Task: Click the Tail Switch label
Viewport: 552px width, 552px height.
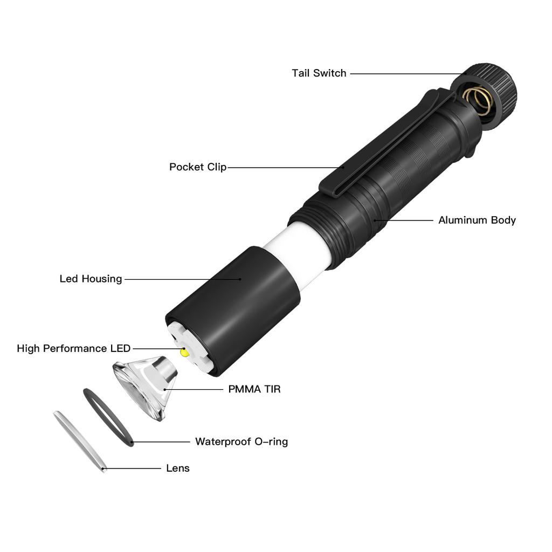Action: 319,73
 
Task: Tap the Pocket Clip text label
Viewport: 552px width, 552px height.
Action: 197,167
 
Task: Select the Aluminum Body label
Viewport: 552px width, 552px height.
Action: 477,220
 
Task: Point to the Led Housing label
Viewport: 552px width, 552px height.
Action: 91,279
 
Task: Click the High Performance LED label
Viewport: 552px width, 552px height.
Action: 73,348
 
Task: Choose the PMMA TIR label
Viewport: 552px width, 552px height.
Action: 254,389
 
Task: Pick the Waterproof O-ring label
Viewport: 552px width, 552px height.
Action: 241,441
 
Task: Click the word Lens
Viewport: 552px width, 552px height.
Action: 177,468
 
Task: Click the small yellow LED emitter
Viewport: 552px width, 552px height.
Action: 184,353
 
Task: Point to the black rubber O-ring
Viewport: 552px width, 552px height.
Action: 108,417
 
